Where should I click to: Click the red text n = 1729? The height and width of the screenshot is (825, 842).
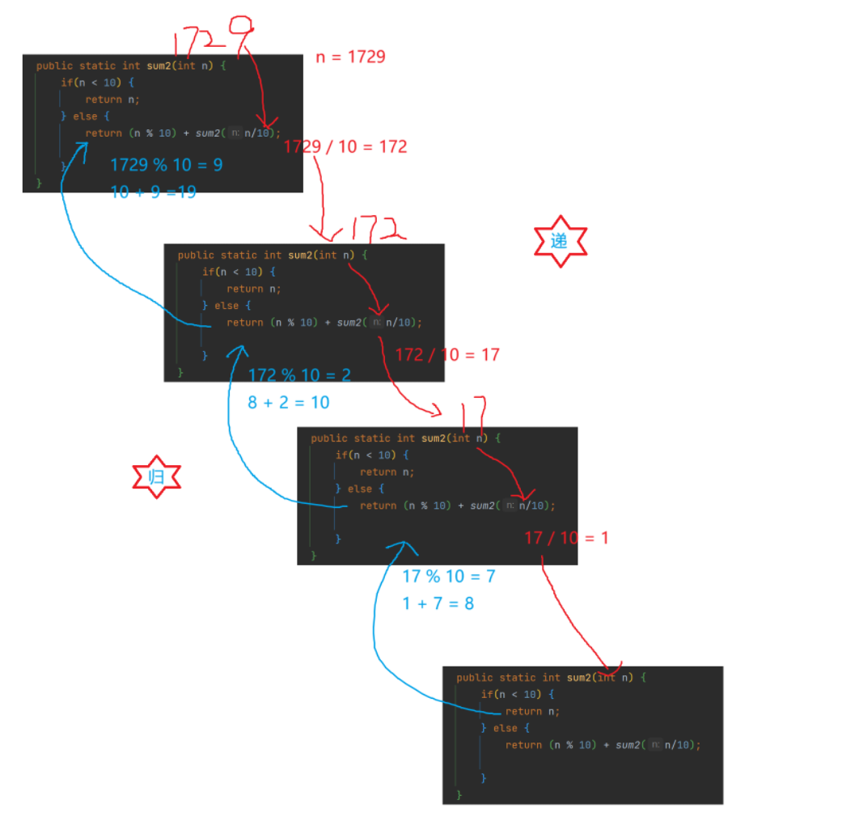(350, 57)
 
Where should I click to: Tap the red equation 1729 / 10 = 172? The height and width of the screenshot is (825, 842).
(345, 146)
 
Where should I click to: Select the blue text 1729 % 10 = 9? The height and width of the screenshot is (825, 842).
(166, 165)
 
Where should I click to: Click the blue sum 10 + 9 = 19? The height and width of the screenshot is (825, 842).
(153, 192)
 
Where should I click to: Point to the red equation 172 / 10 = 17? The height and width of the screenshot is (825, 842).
(446, 354)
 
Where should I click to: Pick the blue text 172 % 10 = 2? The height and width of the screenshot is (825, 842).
(299, 375)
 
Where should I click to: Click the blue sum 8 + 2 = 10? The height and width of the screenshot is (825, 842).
(288, 402)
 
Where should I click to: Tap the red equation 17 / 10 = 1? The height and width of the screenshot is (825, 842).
(566, 537)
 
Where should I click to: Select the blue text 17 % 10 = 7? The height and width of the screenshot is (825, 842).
(449, 576)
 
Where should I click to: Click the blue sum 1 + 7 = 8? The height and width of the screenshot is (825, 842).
(438, 603)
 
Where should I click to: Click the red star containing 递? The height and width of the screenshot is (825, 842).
(560, 241)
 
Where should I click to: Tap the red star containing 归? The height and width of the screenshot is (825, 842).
(156, 477)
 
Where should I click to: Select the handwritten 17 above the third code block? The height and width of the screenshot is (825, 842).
(473, 412)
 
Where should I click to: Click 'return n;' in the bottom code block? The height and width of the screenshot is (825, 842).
(532, 711)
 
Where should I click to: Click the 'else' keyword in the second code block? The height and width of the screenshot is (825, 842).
(226, 305)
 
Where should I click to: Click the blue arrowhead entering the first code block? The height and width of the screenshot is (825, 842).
(81, 146)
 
